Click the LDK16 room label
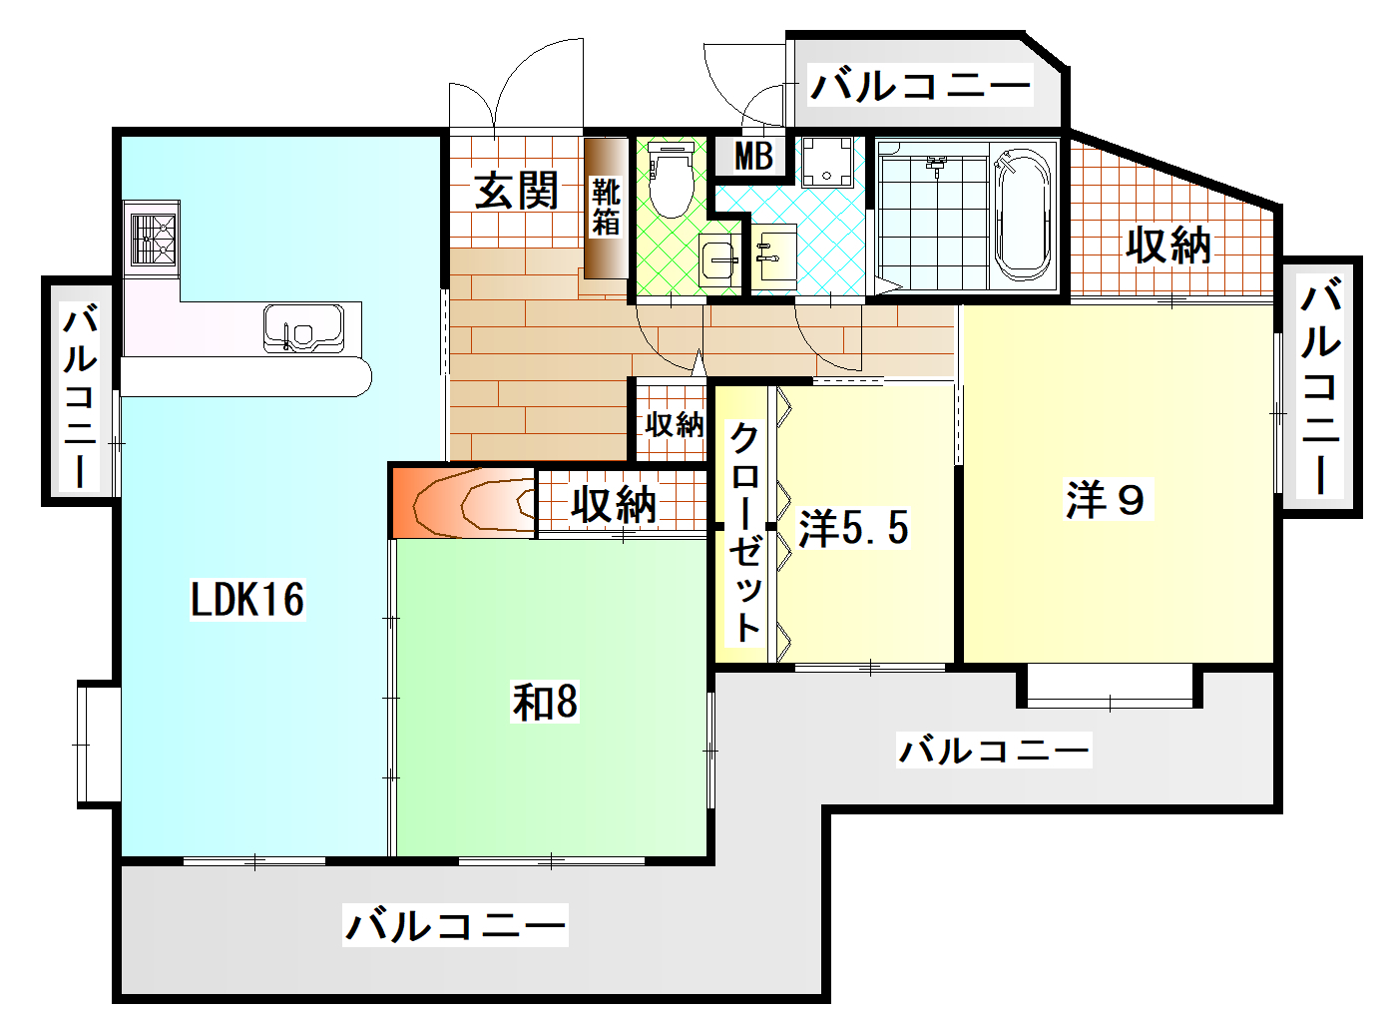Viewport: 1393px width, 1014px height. click(x=247, y=600)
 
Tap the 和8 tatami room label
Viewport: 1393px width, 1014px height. click(x=545, y=702)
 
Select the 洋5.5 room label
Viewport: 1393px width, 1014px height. click(x=854, y=528)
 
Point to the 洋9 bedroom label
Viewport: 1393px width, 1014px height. click(x=1106, y=499)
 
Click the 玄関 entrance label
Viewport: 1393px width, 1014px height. click(x=515, y=190)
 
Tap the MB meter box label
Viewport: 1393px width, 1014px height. click(x=753, y=156)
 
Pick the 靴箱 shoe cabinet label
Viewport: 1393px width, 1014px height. click(x=606, y=207)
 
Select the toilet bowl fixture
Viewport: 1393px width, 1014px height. click(x=671, y=180)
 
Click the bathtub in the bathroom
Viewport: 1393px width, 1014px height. click(x=1023, y=215)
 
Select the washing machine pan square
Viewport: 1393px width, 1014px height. click(x=828, y=161)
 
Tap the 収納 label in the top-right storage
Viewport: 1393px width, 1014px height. click(x=1168, y=245)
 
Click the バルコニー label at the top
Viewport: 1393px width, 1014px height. click(x=920, y=86)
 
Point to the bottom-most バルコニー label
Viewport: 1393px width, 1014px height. click(x=455, y=924)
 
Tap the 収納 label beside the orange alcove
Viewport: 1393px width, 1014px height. click(x=614, y=505)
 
